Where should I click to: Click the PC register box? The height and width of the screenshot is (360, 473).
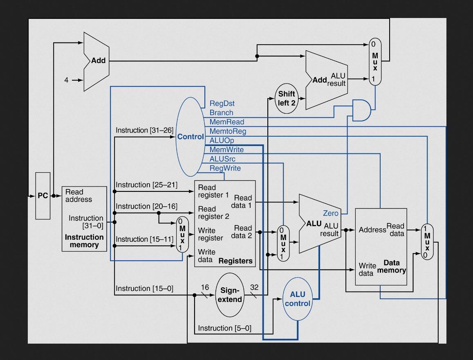[x=43, y=196]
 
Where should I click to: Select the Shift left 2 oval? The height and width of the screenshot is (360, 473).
[x=287, y=99]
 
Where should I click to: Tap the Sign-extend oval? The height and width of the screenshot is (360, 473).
[x=229, y=295]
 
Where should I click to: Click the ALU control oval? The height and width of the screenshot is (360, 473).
[x=297, y=299]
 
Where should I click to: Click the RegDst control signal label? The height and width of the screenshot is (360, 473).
[x=222, y=103]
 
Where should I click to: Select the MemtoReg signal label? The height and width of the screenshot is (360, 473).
[x=228, y=131]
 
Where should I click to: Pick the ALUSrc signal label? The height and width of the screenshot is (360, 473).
[x=222, y=159]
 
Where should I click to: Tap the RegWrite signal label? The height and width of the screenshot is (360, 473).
[x=225, y=168]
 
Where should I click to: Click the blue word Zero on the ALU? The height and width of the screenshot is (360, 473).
[x=330, y=213]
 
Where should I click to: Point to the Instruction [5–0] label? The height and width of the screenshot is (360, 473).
[x=224, y=328]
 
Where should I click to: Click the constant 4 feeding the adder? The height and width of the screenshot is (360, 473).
[x=66, y=80]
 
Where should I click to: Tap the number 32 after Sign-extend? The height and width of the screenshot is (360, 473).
[x=254, y=288]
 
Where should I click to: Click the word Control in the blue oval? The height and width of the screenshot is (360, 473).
[x=190, y=137]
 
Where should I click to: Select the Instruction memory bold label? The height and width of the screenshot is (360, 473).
[x=84, y=241]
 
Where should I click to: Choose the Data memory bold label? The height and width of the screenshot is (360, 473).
[x=392, y=266]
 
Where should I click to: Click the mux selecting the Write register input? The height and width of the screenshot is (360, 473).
[x=182, y=235]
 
